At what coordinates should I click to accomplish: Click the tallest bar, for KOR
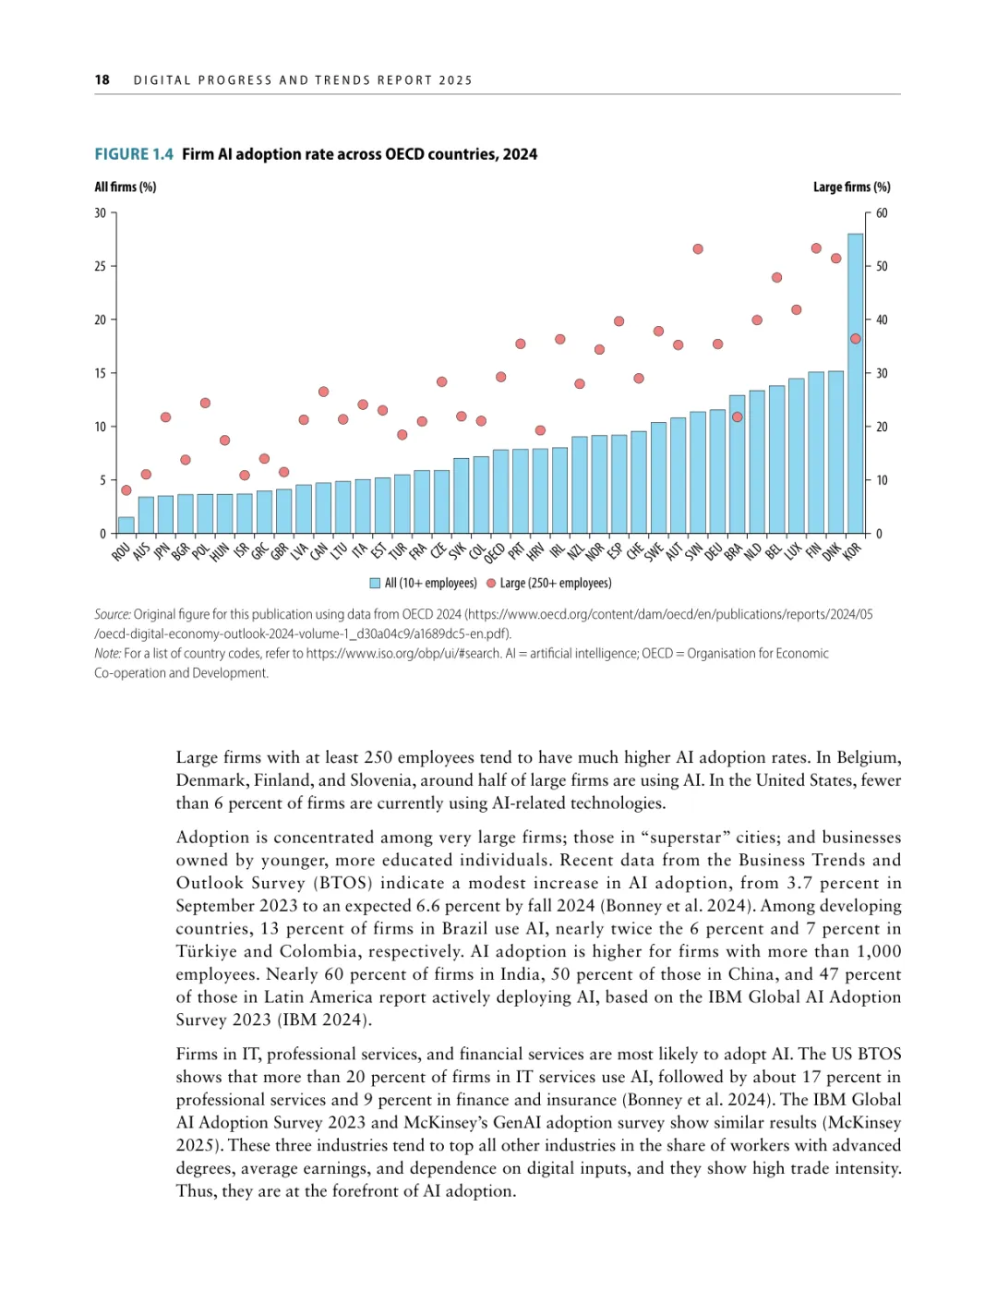pyautogui.click(x=856, y=383)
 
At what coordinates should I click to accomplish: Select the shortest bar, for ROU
pyautogui.click(x=126, y=525)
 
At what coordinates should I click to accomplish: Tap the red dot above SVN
pyautogui.click(x=698, y=249)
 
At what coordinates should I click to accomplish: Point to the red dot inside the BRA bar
pyautogui.click(x=737, y=417)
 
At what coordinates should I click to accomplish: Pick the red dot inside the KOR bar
pyautogui.click(x=856, y=339)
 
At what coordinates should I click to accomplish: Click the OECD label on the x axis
pyautogui.click(x=495, y=552)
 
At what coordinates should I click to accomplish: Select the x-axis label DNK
pyautogui.click(x=832, y=551)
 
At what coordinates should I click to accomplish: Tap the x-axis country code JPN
pyautogui.click(x=162, y=550)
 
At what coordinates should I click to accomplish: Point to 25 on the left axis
pyautogui.click(x=100, y=266)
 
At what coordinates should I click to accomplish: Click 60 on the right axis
pyautogui.click(x=882, y=213)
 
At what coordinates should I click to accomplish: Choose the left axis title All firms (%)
pyautogui.click(x=126, y=187)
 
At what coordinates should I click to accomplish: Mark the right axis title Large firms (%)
pyautogui.click(x=851, y=187)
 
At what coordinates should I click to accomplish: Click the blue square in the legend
pyautogui.click(x=375, y=584)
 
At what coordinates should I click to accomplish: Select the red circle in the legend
pyautogui.click(x=491, y=584)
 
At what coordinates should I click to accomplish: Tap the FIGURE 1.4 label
pyautogui.click(x=134, y=154)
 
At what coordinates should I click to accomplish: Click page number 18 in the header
pyautogui.click(x=102, y=80)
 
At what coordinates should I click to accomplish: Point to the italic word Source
pyautogui.click(x=112, y=614)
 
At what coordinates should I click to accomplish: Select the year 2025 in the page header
pyautogui.click(x=456, y=80)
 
